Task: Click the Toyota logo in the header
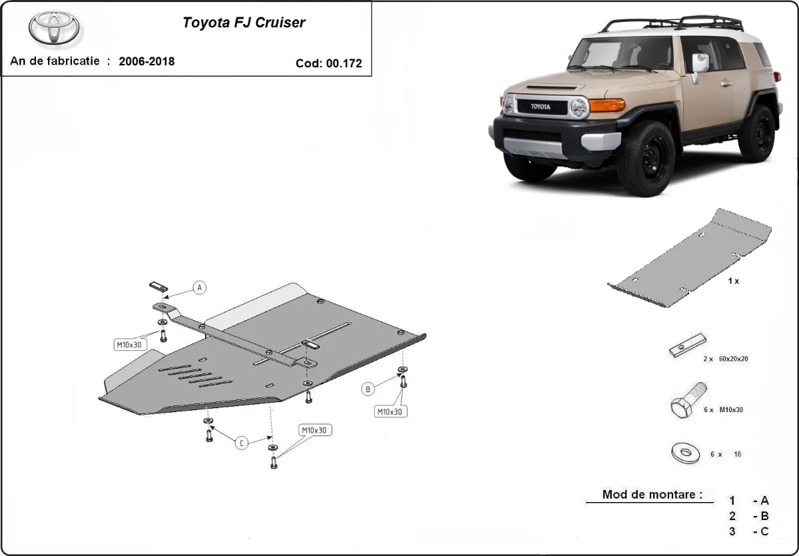54,28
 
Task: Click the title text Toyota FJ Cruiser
244,23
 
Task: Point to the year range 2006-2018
146,61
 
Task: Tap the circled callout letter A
200,288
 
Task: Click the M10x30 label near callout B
390,412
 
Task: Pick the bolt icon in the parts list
686,400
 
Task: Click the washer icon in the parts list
685,454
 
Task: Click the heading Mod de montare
651,495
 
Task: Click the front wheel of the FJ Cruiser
645,158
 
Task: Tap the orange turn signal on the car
607,105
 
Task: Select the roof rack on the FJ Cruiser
672,23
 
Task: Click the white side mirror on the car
700,63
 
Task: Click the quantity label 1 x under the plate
732,281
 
